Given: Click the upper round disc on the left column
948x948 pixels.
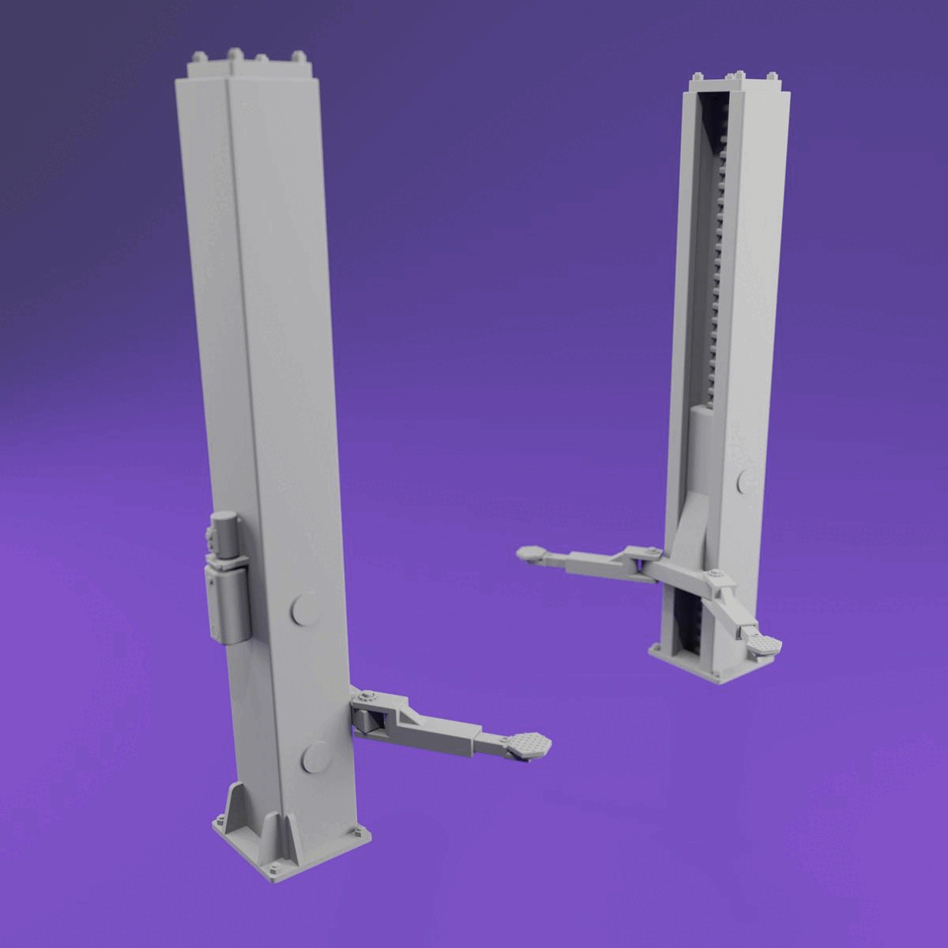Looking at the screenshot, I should pos(303,610).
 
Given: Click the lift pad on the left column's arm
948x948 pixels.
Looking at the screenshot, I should pos(528,744).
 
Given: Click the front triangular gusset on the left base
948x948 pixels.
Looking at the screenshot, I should pos(282,844).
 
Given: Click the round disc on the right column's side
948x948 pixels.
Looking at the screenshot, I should pos(746,480).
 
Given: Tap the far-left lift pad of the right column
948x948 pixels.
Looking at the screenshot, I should pos(530,554).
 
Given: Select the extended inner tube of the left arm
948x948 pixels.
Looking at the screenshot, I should pos(491,741).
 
